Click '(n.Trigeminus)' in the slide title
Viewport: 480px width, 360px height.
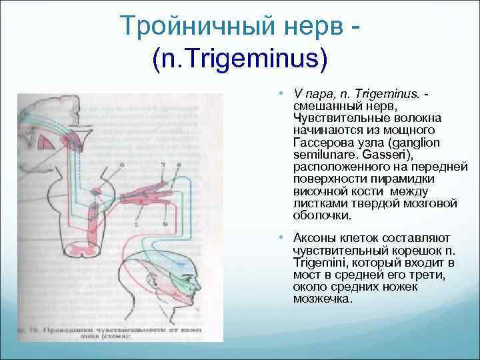pos(240,61)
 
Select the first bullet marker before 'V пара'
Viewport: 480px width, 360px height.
pos(283,92)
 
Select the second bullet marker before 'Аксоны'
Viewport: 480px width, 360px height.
pos(283,238)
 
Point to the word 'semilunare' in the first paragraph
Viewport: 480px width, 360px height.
pos(321,155)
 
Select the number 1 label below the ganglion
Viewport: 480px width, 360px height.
pos(137,225)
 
